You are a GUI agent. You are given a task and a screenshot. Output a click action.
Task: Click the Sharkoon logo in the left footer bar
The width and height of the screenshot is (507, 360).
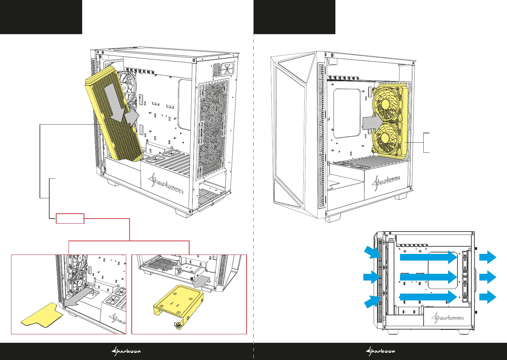(126, 351)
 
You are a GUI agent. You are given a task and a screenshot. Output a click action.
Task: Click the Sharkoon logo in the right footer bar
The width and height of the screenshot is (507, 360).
(380, 351)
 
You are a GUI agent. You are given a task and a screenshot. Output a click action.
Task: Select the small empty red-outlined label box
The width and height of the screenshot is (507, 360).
(70, 219)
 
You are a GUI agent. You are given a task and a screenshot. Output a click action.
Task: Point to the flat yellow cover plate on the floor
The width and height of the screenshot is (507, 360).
(42, 316)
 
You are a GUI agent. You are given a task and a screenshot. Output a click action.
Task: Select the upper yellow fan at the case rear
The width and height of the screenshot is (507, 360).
(385, 104)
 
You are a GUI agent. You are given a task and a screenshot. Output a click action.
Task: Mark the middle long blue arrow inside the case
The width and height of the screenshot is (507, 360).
(428, 277)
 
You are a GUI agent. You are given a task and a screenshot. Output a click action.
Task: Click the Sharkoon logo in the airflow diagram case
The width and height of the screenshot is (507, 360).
(447, 317)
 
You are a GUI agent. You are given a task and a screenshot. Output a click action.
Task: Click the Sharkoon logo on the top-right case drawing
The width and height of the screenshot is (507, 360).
(386, 183)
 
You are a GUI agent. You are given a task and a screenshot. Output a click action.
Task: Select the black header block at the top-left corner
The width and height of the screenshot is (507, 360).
(41, 17)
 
